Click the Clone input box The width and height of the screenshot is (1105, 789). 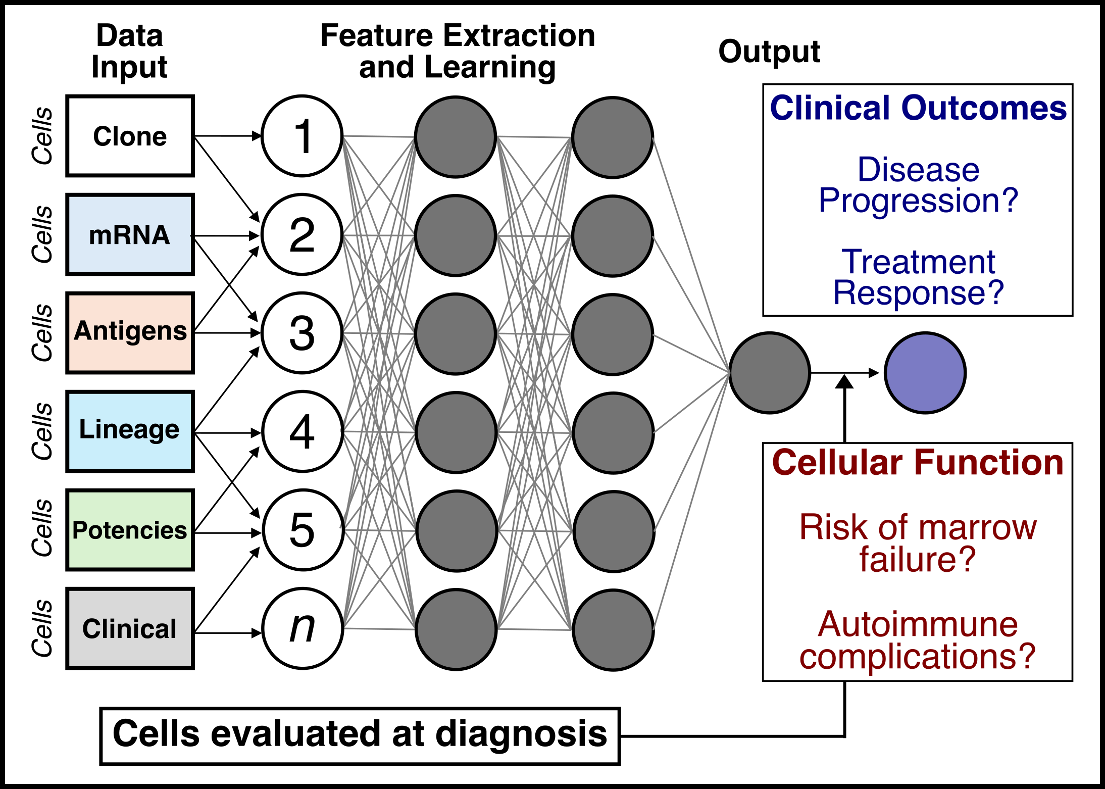pos(130,136)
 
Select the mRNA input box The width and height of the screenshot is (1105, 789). pos(130,234)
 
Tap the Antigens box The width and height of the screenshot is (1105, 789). pos(130,332)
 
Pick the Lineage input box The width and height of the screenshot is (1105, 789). pos(130,431)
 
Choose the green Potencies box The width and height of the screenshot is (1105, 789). pos(130,530)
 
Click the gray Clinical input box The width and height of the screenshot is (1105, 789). pos(130,628)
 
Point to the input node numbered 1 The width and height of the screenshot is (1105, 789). pos(303,136)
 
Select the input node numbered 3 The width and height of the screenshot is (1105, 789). pos(303,333)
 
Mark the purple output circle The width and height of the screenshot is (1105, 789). pos(925,373)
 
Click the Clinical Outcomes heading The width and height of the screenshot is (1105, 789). pos(918,108)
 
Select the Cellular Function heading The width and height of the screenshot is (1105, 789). pos(918,463)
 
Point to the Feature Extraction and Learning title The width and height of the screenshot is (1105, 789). pos(458,52)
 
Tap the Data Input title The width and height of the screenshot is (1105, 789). pos(130,52)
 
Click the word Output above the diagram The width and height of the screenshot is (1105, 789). pos(769,52)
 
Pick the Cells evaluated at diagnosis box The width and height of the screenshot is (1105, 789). pos(360,735)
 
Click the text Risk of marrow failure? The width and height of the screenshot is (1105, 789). pos(918,543)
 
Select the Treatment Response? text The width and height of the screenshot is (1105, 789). pos(918,277)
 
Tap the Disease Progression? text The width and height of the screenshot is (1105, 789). pos(918,184)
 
